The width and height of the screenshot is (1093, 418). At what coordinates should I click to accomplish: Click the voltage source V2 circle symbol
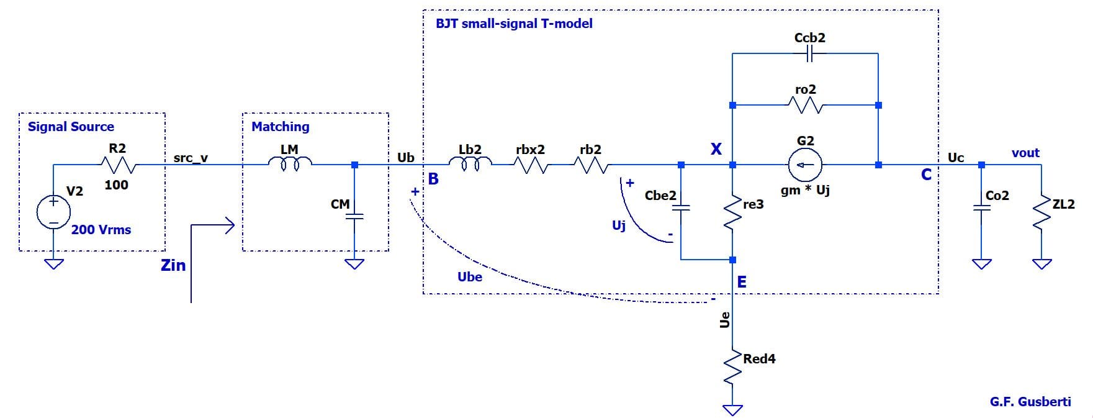point(53,211)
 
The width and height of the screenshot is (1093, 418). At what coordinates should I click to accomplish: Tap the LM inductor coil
point(289,164)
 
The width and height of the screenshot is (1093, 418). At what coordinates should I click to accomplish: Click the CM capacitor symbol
point(354,217)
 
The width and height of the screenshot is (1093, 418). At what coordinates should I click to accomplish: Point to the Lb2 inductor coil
point(470,164)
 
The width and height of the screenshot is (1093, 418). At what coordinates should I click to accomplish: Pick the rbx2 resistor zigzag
point(530,165)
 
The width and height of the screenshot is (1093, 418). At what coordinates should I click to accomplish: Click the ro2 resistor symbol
point(806,106)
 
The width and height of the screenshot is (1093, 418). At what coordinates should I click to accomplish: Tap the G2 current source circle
point(805,165)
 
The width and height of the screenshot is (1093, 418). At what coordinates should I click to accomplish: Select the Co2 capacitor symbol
point(981,209)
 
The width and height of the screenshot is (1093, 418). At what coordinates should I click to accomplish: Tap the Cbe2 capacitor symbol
point(681,208)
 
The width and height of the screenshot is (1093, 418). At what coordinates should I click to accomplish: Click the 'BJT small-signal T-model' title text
point(514,24)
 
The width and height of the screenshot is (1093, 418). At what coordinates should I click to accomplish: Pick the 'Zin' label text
point(173,265)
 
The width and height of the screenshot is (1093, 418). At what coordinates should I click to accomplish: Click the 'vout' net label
point(1025,153)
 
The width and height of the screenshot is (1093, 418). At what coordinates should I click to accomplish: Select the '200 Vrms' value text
point(101,230)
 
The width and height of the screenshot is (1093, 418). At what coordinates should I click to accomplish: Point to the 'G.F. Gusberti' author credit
point(1030,402)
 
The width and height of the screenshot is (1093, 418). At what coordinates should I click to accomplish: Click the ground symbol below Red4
point(733,410)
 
